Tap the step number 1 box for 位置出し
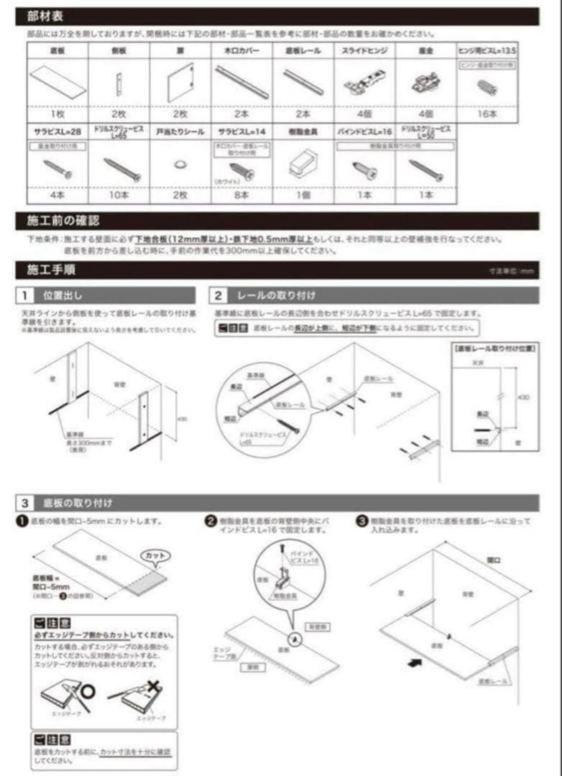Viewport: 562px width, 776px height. coord(25,295)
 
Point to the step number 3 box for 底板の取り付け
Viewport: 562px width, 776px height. coord(25,502)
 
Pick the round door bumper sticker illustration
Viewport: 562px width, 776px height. coord(180,165)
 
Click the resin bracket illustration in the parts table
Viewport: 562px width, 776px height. coord(304,165)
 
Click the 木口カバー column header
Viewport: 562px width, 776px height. coord(241,51)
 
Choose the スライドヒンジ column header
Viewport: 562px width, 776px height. coord(365,51)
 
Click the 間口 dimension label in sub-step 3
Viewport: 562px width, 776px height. coord(494,558)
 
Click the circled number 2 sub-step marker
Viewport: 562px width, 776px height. coord(211,520)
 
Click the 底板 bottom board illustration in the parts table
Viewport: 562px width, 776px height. coord(57,82)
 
